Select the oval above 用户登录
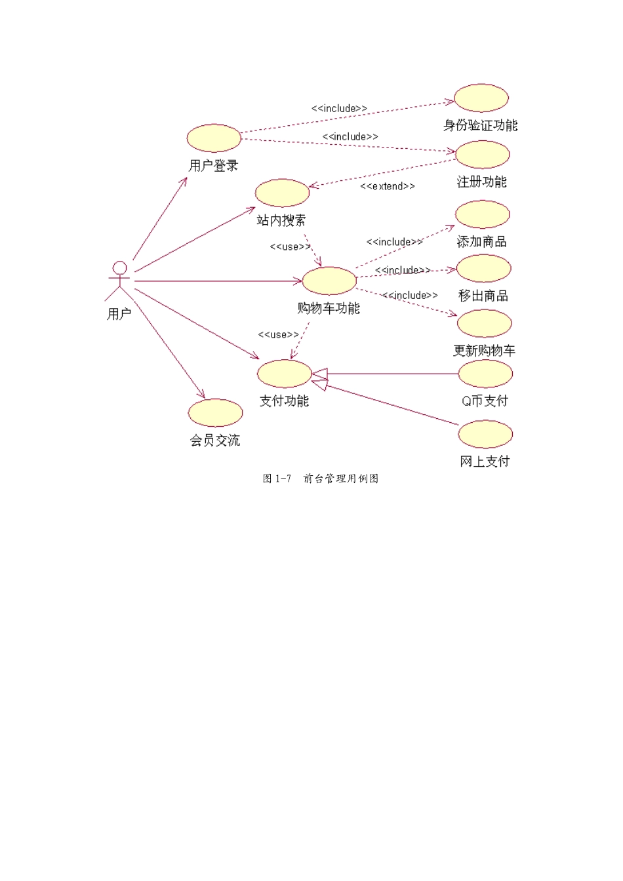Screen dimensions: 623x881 [x=214, y=138]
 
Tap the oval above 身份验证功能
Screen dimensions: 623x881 [x=481, y=98]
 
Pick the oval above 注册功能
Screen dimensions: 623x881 [x=482, y=155]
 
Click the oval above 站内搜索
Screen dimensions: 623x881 [x=282, y=193]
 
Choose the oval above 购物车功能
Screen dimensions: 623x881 [x=329, y=281]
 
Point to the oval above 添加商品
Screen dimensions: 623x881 [x=482, y=214]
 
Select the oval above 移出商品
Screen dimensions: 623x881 [x=483, y=269]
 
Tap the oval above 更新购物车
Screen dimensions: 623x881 [x=484, y=323]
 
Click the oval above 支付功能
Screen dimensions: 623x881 [x=284, y=374]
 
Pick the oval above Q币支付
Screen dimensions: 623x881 [x=485, y=374]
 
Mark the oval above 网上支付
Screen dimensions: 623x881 [x=485, y=434]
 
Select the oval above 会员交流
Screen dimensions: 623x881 [x=215, y=413]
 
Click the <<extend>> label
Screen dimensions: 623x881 [x=388, y=187]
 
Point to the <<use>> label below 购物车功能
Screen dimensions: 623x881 [x=279, y=335]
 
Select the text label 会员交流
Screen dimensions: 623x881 [x=215, y=440]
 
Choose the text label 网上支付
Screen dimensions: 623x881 [x=485, y=461]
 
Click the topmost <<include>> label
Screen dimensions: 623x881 [x=339, y=109]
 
